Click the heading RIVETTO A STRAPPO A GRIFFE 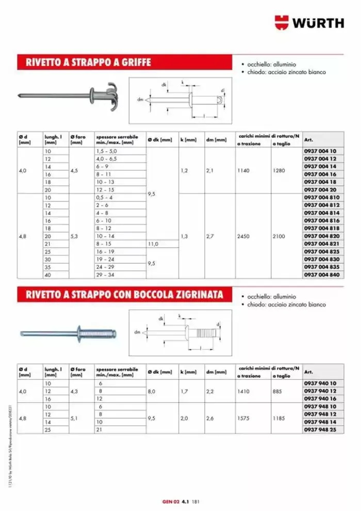coord(85,62)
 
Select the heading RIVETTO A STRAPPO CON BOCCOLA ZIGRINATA coord(121,294)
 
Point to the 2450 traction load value coord(244,236)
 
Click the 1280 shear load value coord(279,170)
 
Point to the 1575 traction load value coord(244,418)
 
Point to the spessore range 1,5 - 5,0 coord(106,151)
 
